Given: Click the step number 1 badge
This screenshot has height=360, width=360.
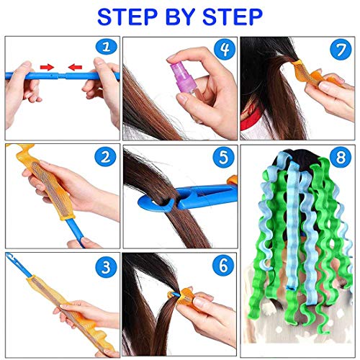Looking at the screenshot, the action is point(107,47).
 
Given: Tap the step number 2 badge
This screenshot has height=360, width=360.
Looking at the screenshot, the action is point(105,157).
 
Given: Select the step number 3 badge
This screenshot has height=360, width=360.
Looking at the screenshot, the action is point(106,266).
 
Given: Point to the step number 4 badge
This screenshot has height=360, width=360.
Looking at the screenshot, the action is point(225,49).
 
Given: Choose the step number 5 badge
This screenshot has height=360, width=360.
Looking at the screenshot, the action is point(223,157).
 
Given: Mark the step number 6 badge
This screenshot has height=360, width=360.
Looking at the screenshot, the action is point(223,266).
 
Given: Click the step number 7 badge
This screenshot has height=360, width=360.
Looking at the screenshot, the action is point(341,50).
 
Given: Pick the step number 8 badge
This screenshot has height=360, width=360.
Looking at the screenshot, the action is point(341,157).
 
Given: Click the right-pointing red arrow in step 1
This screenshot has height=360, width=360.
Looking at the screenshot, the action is point(47,67).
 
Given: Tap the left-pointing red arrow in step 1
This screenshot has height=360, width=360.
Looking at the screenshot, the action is point(75,67).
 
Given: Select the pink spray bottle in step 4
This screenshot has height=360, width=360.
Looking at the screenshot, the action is point(183,78).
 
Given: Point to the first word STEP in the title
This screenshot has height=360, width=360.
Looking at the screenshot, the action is point(127,17).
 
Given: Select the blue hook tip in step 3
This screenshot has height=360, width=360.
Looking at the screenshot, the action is point(12,257).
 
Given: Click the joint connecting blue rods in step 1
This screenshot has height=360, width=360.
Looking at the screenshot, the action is point(62,76).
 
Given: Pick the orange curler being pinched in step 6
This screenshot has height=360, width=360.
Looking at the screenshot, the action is point(184,297).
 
